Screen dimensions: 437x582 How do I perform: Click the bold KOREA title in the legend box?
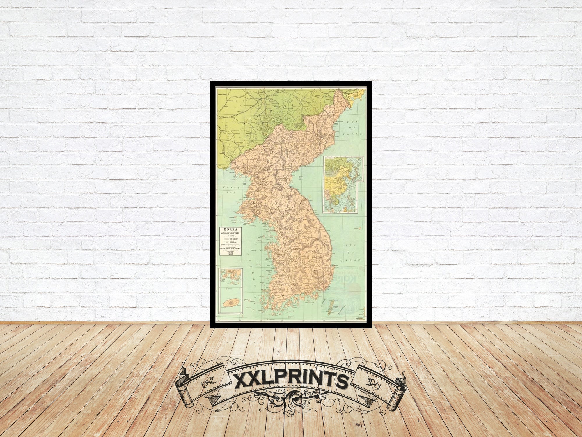pyautogui.click(x=230, y=229)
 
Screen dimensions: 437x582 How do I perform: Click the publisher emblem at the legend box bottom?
pyautogui.click(x=230, y=253)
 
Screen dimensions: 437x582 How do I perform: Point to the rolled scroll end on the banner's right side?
pyautogui.click(x=397, y=390)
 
